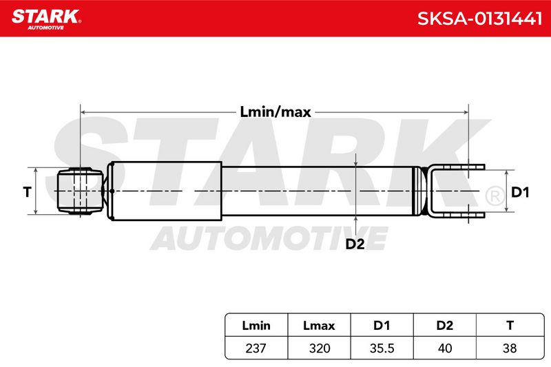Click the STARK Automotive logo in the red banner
[x=46, y=19]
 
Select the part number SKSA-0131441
[x=479, y=19]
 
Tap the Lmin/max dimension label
[x=275, y=112]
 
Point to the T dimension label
[x=27, y=191]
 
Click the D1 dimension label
[x=520, y=192]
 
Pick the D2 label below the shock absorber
[x=355, y=243]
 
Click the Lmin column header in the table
[x=256, y=325]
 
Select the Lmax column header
[x=319, y=325]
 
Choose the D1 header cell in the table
[x=382, y=325]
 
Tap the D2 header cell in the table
[x=444, y=325]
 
